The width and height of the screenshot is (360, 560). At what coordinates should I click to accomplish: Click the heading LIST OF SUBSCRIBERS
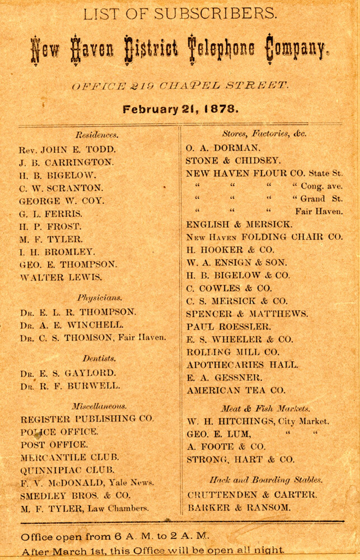coord(179,14)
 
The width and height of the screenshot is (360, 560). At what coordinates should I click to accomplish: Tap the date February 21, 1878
coord(180,109)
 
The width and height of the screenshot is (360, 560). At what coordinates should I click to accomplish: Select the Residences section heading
coord(96,135)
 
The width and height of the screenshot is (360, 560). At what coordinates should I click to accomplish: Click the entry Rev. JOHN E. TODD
coord(67,150)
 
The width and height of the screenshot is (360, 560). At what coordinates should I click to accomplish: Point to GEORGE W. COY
coord(62,200)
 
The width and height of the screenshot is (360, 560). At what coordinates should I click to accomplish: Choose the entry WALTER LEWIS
coord(61,277)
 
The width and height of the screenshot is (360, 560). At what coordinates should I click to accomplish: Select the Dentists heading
coord(100,358)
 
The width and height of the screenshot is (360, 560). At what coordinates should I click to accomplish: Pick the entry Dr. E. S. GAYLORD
coord(68,373)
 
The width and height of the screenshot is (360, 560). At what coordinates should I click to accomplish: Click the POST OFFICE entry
coord(54,445)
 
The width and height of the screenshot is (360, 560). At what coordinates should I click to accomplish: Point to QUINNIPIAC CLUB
coord(67,470)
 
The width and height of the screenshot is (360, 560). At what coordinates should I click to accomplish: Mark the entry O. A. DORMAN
coord(223,148)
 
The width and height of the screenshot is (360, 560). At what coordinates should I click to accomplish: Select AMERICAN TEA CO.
coord(236,390)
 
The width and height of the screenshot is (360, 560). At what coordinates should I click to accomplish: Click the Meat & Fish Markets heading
coord(258,408)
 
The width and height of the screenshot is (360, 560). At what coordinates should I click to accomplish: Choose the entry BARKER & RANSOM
coord(239,508)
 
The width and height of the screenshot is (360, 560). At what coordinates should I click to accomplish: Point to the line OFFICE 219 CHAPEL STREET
coord(180,86)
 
